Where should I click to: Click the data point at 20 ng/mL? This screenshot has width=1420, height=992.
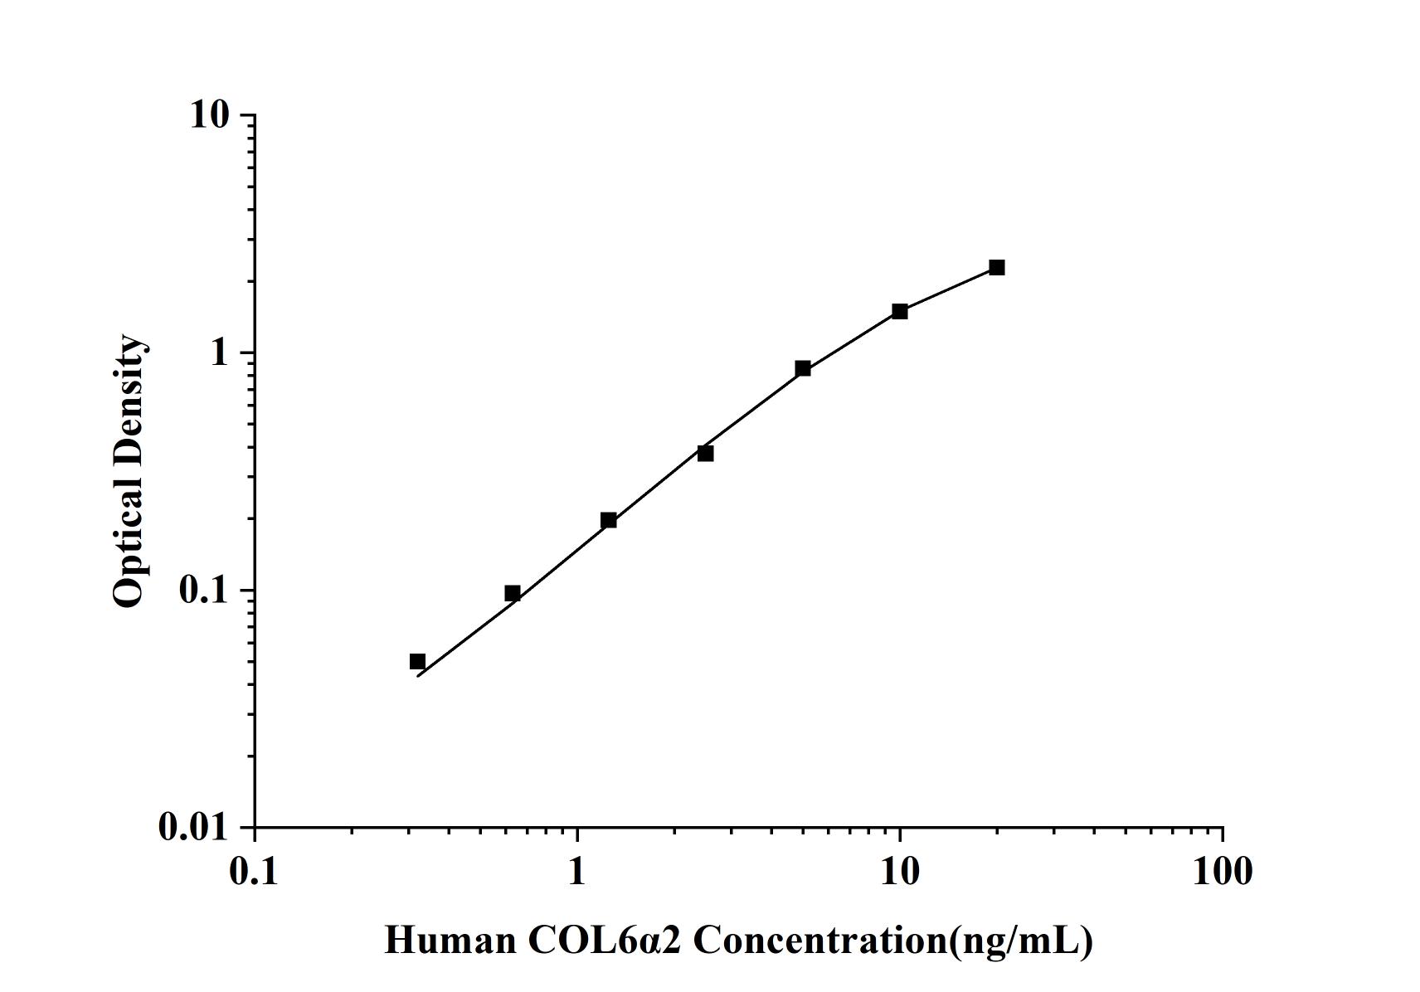(x=996, y=267)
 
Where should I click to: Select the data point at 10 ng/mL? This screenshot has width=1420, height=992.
(x=900, y=311)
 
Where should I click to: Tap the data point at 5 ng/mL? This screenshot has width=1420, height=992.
(x=803, y=368)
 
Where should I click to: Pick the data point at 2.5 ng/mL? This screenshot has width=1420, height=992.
(x=706, y=453)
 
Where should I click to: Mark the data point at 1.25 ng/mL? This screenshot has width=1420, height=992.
(x=609, y=520)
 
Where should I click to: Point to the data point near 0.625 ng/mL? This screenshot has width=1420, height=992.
(x=513, y=593)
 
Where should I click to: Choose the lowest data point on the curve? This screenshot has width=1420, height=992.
(x=417, y=662)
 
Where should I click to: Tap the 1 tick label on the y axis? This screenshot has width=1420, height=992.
(x=219, y=353)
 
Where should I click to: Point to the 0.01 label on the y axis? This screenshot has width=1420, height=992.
(x=193, y=828)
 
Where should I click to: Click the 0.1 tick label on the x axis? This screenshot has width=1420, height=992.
(x=255, y=872)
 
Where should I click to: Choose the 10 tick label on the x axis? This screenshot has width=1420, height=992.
(x=900, y=872)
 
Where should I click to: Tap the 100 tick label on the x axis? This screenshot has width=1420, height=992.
(x=1223, y=872)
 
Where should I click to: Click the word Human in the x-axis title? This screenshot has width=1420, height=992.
(x=450, y=941)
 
